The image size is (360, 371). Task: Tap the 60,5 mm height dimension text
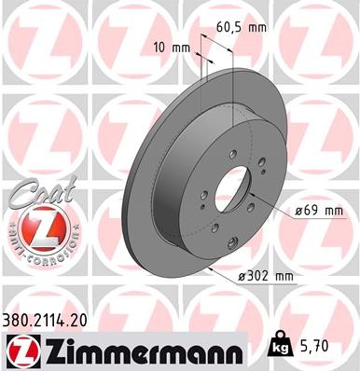241,30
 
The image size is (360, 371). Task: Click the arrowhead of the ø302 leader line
212,268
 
